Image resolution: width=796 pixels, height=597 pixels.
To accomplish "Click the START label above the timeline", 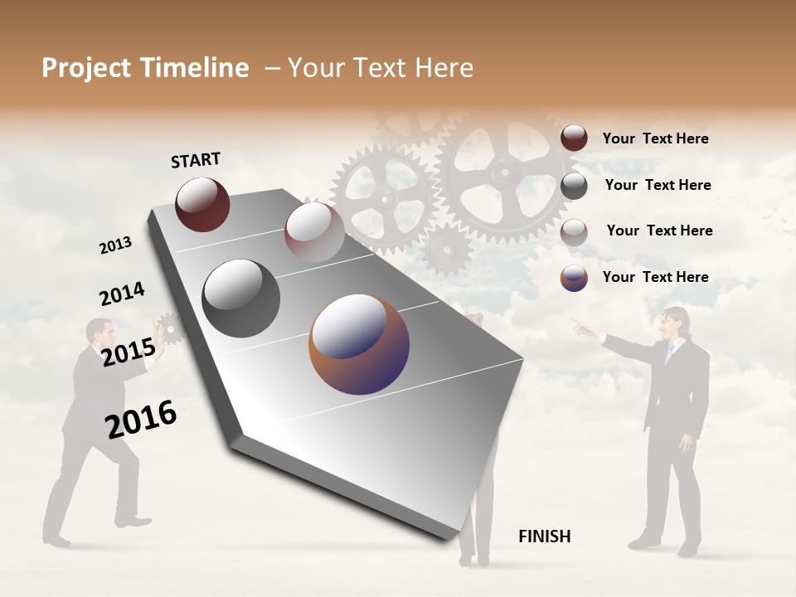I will click(196, 160).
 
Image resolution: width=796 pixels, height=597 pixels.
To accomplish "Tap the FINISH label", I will click(544, 536).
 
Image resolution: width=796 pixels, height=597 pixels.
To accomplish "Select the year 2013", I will click(115, 245).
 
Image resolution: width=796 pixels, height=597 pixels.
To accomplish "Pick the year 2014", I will click(122, 294).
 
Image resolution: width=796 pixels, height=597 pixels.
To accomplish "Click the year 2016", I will click(141, 419).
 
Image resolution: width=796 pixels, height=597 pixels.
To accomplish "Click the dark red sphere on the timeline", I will click(202, 204).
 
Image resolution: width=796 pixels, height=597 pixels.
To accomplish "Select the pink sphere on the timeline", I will click(314, 232).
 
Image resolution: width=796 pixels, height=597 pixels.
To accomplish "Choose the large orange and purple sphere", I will click(359, 344).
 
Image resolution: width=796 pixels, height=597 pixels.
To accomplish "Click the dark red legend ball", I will click(574, 138).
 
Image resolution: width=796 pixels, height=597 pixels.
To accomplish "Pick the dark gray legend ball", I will click(574, 185).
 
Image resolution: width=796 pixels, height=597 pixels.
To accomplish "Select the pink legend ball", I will click(574, 231).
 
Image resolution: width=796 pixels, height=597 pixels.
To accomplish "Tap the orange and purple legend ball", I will click(574, 278).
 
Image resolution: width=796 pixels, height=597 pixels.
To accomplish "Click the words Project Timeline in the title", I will click(145, 68).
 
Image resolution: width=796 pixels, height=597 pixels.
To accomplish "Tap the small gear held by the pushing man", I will click(171, 328).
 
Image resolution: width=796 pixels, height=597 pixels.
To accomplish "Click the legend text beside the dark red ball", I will click(655, 138).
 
